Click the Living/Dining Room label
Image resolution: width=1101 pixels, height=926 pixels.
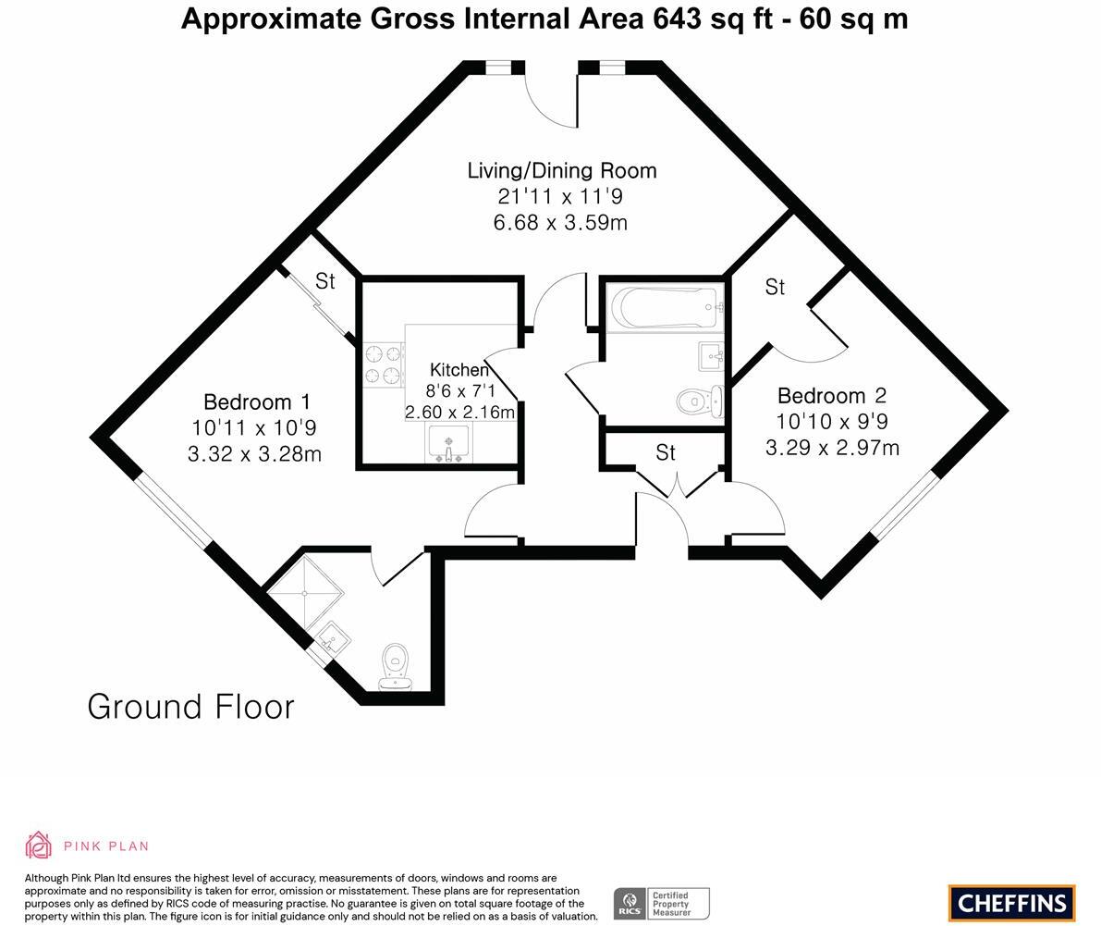click(562, 170)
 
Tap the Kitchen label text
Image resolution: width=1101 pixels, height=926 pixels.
click(459, 370)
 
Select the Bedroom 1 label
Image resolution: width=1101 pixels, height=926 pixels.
click(256, 402)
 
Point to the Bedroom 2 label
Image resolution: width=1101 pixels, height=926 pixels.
click(831, 396)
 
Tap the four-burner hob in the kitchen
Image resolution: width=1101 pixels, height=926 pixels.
click(384, 364)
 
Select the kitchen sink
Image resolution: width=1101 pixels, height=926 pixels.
click(448, 444)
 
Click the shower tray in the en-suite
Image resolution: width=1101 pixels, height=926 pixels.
click(306, 589)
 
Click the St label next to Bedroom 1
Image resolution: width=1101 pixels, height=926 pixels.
click(324, 281)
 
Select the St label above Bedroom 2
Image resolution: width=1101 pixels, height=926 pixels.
click(775, 288)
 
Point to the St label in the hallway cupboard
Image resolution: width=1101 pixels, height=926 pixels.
click(666, 452)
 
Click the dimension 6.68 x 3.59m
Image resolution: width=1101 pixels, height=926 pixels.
click(561, 223)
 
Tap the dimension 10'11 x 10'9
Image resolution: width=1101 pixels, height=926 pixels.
click(254, 428)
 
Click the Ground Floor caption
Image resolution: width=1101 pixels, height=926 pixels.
click(190, 707)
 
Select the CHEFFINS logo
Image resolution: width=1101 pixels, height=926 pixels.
click(1011, 903)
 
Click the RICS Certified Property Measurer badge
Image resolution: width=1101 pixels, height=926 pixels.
click(661, 903)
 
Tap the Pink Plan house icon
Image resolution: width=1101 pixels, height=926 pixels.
click(39, 845)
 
